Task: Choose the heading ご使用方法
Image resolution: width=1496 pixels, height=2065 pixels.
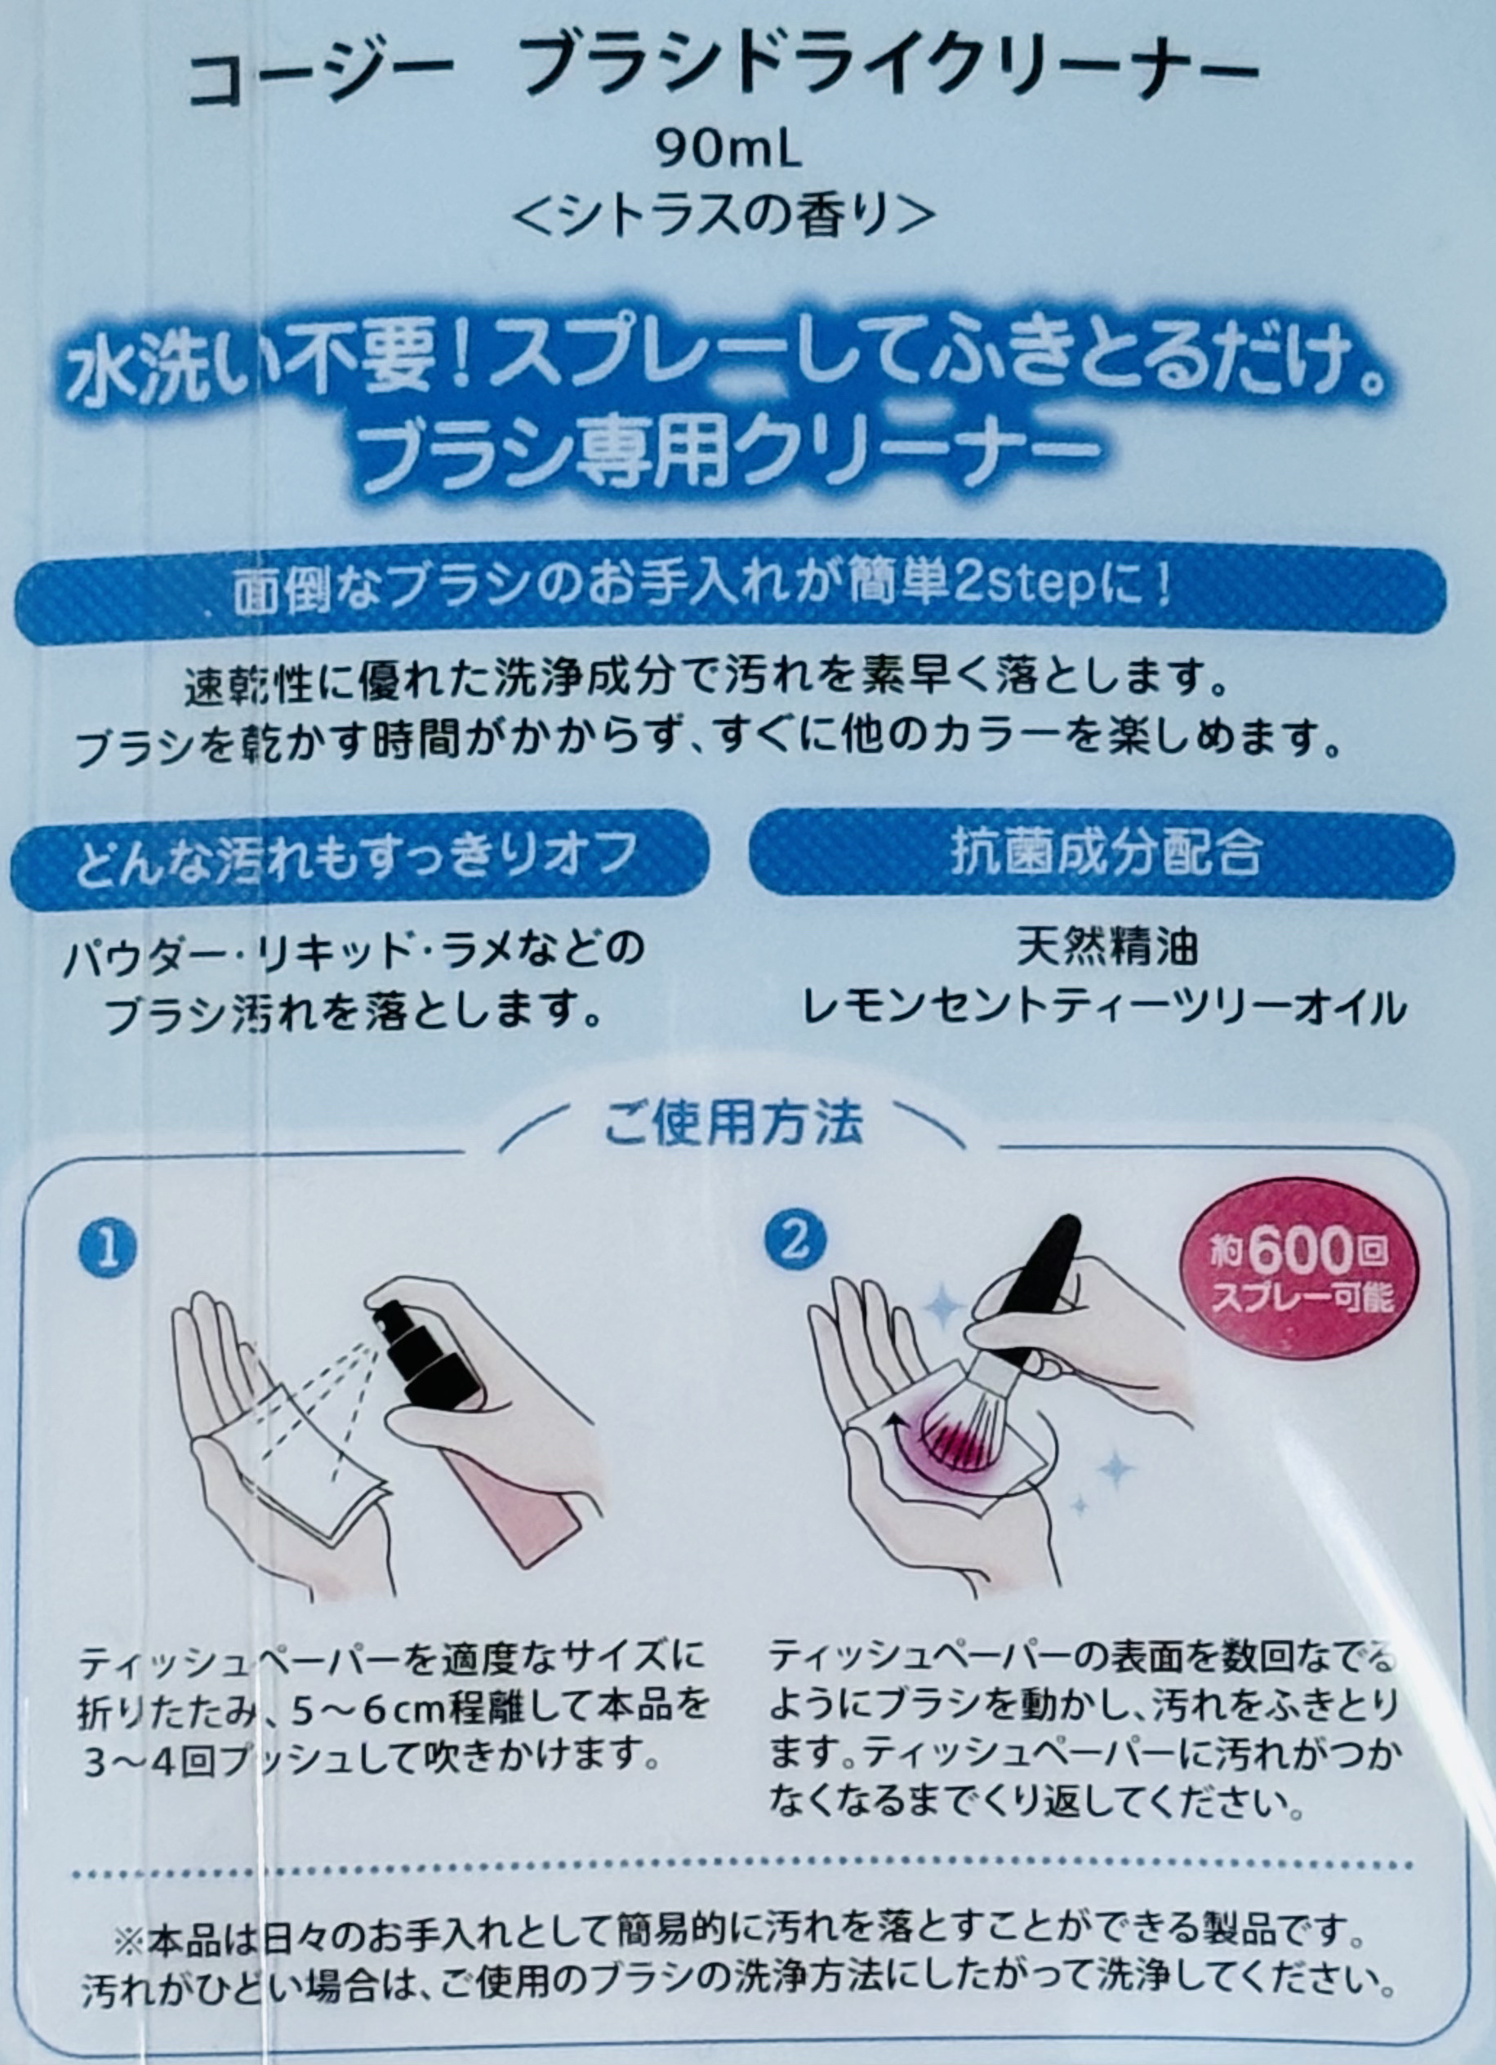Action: [x=734, y=1124]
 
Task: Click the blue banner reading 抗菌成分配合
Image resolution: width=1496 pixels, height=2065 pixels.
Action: [x=1102, y=853]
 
